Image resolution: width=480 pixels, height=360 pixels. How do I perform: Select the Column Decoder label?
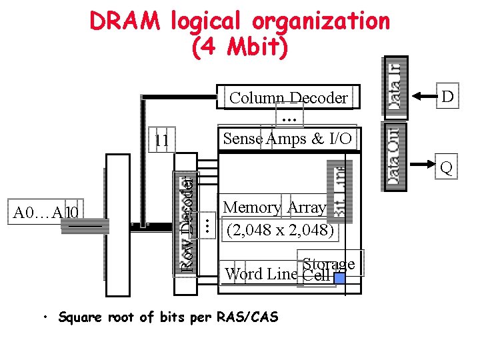point(288,98)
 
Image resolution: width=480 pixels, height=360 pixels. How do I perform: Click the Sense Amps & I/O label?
point(288,139)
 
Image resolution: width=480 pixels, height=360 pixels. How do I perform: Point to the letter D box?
point(447,97)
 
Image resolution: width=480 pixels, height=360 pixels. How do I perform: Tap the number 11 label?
point(161,141)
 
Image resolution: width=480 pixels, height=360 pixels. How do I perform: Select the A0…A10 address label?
point(47,213)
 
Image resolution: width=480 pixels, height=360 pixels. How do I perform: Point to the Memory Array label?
point(275,207)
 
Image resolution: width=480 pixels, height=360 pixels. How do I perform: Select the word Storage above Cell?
point(328,264)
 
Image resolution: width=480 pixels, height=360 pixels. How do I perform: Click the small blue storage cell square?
point(339,277)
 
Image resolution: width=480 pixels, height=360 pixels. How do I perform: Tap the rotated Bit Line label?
point(341,193)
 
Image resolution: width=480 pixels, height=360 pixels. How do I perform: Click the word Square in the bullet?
point(79,317)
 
